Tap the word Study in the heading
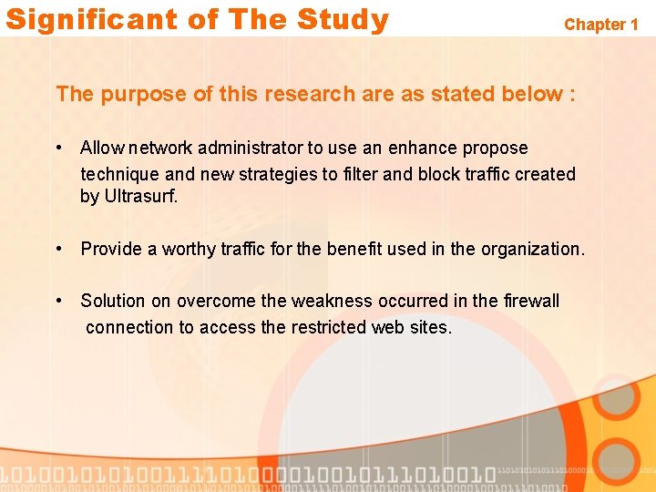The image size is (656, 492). [344, 19]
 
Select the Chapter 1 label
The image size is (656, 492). [601, 25]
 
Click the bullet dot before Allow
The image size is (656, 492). [58, 148]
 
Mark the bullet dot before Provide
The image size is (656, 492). [58, 249]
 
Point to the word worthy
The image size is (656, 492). [189, 249]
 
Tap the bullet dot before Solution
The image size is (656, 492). [58, 301]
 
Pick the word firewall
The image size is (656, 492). [531, 301]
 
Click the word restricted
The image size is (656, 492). [329, 326]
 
